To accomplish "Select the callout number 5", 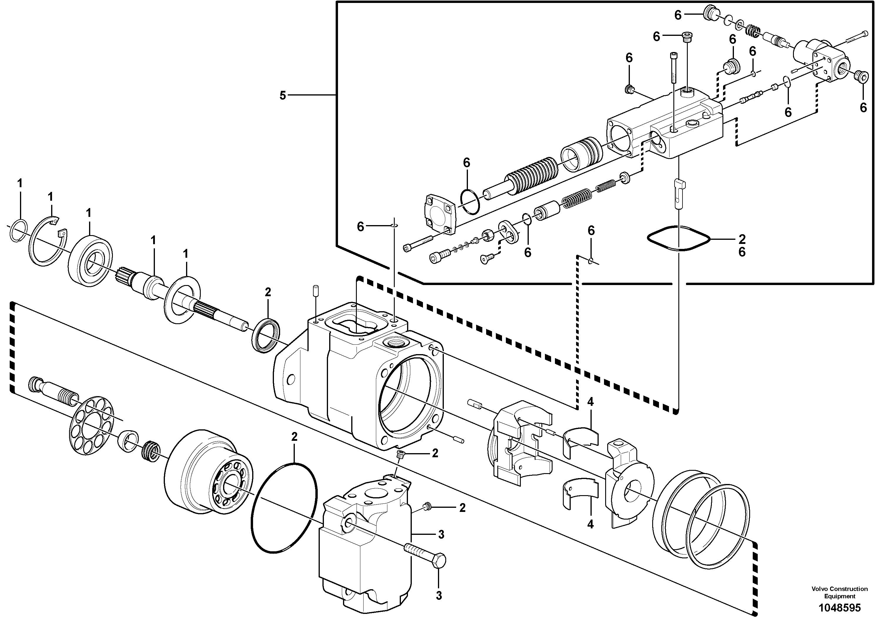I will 282,96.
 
